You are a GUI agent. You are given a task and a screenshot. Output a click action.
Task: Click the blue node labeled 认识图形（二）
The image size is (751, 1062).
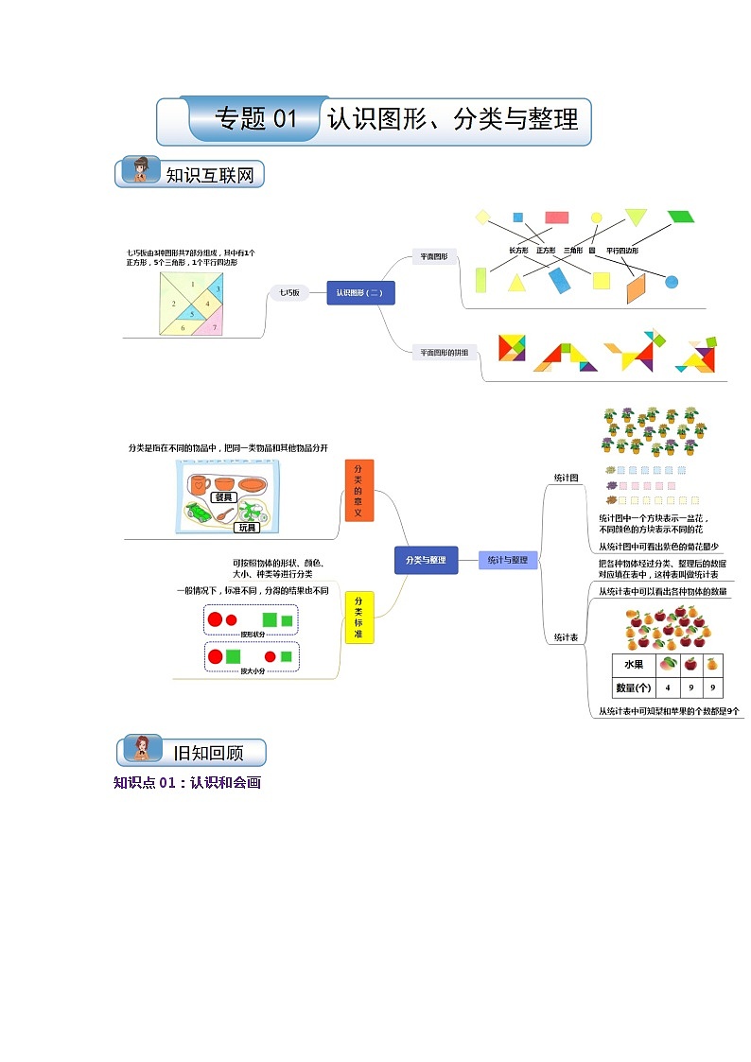click(359, 293)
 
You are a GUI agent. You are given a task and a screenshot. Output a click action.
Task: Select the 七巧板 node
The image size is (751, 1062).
click(288, 293)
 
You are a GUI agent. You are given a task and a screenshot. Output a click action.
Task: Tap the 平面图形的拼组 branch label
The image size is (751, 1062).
click(445, 353)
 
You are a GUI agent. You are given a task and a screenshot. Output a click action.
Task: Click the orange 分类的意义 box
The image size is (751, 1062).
click(358, 491)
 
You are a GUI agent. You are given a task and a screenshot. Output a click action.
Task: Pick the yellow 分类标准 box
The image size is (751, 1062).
click(358, 618)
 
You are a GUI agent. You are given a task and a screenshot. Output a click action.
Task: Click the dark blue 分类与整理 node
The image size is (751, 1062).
click(426, 560)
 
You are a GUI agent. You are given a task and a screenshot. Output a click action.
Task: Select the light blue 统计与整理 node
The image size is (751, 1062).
click(508, 560)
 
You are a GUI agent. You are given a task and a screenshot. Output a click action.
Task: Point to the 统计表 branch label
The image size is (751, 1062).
click(566, 637)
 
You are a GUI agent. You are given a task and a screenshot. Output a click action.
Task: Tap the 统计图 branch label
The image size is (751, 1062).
click(566, 478)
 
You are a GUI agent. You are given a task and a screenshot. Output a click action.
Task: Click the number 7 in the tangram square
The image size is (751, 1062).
click(215, 327)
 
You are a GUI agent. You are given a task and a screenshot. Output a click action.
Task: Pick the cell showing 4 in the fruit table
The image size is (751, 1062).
click(668, 688)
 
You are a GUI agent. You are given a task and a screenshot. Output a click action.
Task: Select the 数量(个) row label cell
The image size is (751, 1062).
click(633, 688)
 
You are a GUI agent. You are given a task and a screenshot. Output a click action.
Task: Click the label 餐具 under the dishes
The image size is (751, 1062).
click(223, 496)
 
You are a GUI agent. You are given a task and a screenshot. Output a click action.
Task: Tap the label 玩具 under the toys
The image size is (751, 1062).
click(246, 528)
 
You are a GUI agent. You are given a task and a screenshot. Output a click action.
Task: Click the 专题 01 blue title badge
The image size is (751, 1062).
click(256, 119)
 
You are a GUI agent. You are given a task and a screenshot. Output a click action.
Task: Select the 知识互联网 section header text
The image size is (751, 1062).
click(209, 175)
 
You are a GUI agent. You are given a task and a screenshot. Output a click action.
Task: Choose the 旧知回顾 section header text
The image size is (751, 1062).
click(208, 753)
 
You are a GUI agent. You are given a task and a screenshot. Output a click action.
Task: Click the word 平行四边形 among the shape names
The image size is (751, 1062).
click(622, 250)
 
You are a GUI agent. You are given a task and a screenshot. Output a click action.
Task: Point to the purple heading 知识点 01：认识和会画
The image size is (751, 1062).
click(186, 782)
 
